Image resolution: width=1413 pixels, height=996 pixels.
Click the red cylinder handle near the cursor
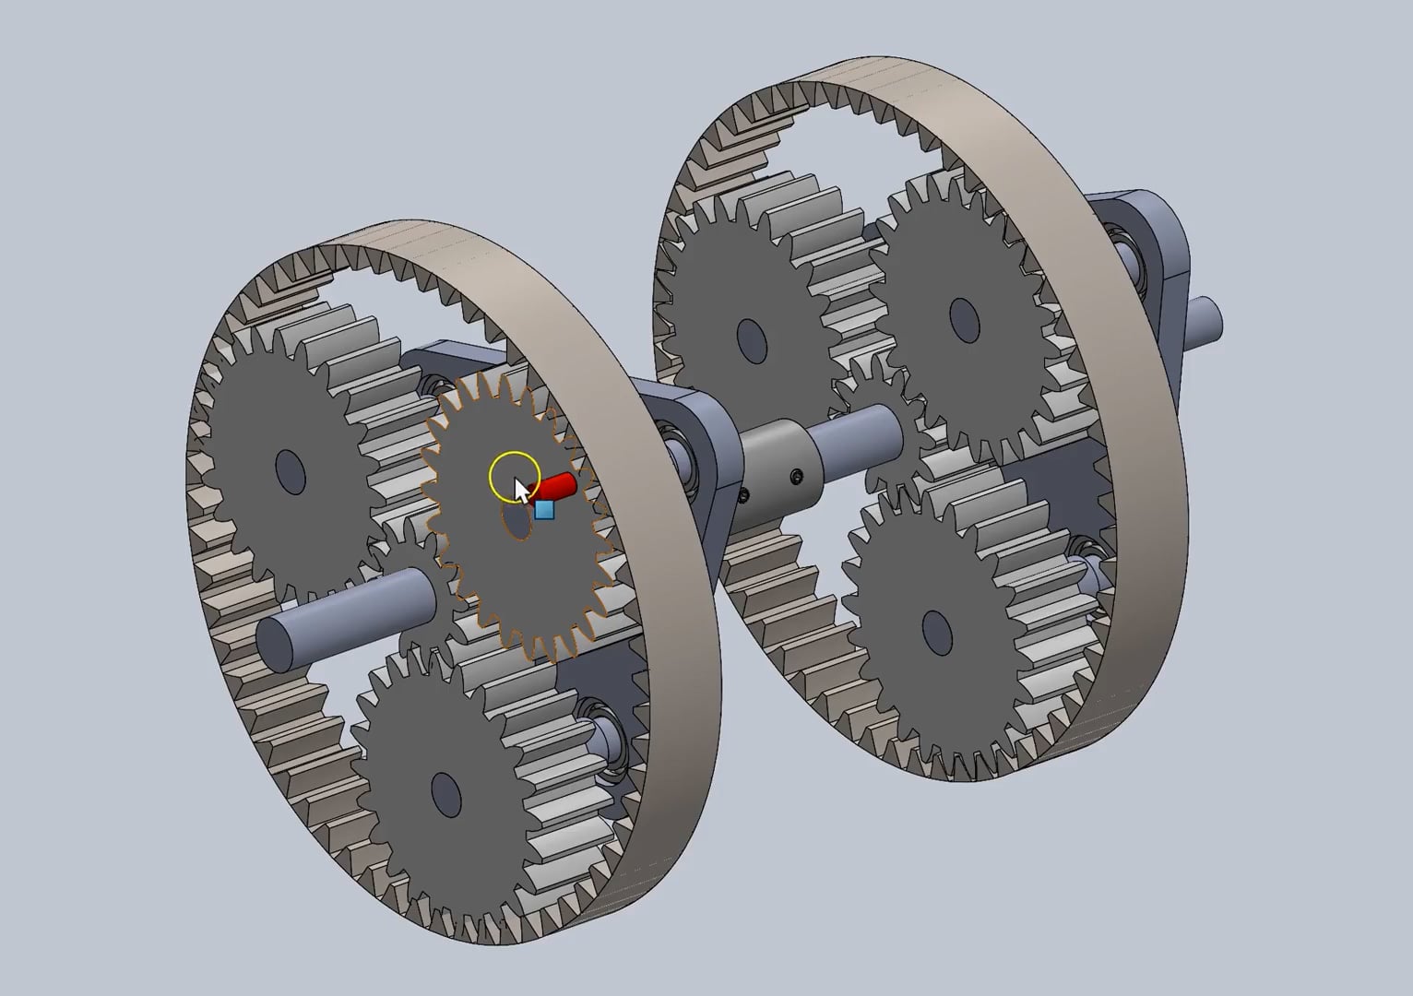[557, 486]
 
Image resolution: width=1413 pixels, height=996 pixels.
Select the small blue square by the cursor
[544, 509]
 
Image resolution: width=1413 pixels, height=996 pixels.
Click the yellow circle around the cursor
[514, 476]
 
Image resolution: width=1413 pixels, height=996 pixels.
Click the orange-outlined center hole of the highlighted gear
[517, 521]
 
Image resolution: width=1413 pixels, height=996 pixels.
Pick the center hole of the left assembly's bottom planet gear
[446, 793]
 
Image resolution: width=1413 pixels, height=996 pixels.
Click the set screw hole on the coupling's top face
[796, 476]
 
